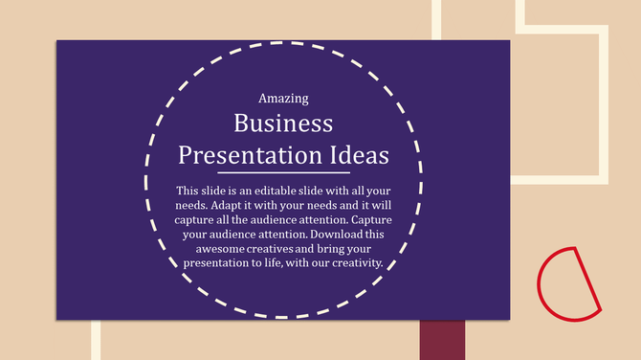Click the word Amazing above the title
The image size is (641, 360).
coord(283,98)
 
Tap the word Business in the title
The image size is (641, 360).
coord(283,124)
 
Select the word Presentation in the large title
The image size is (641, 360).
coord(250,155)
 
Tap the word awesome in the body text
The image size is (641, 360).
coord(211,248)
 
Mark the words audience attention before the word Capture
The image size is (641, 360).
coord(302,219)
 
